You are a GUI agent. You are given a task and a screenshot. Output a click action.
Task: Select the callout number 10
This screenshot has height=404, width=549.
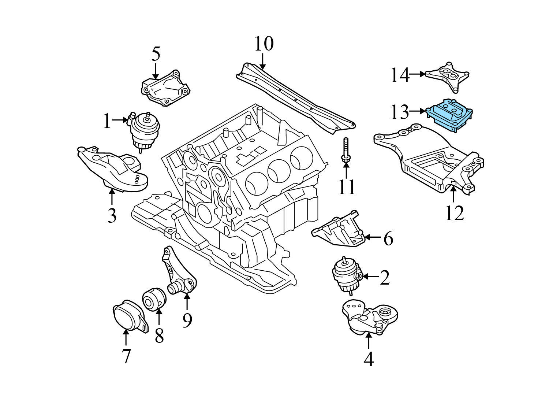[264, 44]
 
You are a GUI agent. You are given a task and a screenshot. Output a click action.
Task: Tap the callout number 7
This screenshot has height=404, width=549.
[126, 356]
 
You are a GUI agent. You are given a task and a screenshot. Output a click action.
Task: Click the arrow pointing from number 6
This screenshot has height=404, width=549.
[373, 237]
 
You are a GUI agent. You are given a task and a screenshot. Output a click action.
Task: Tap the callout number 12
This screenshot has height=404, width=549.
[454, 213]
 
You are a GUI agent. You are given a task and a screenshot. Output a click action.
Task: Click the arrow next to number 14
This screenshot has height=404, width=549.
[417, 74]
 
